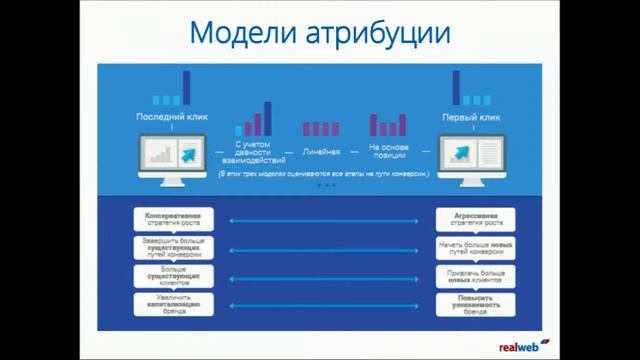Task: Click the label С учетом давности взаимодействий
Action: [x=250, y=151]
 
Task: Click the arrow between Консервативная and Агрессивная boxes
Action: [x=322, y=219]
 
